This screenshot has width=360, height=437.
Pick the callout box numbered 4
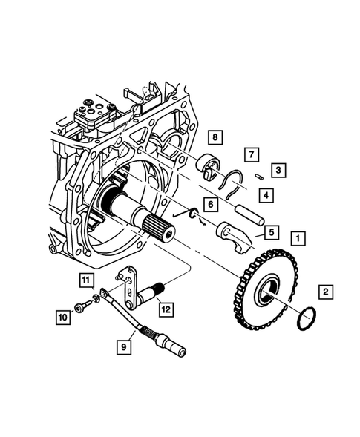tap(264, 195)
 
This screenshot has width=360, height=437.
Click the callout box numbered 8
tap(214, 137)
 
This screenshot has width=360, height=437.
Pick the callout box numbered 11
tap(86, 280)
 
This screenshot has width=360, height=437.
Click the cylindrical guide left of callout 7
tap(210, 165)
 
